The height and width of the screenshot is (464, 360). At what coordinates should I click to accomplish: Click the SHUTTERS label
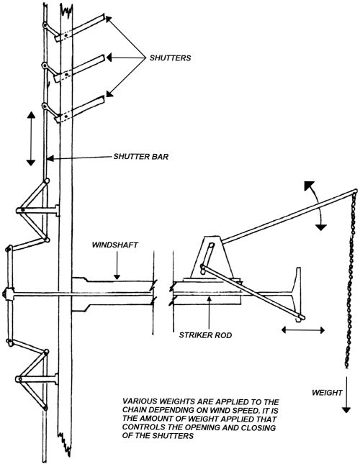(x=170, y=58)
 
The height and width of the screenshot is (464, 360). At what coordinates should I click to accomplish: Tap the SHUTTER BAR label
(x=141, y=156)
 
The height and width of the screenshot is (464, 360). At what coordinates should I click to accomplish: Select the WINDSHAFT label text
(x=115, y=245)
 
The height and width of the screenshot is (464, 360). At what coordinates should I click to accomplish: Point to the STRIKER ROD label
(x=205, y=335)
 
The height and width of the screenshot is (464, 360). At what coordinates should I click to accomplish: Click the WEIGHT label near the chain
(x=327, y=392)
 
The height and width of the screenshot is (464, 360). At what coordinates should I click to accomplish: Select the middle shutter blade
(x=79, y=68)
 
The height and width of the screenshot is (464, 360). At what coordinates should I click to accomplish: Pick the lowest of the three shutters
(x=79, y=109)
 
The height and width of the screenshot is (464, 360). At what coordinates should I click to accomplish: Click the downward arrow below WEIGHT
(x=346, y=394)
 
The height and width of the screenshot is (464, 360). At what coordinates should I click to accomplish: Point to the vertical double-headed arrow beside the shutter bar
(x=31, y=139)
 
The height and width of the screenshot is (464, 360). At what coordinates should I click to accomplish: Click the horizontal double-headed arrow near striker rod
(x=303, y=329)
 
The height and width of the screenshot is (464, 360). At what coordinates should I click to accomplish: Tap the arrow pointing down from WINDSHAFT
(x=117, y=265)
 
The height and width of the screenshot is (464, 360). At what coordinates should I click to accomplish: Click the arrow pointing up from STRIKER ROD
(x=209, y=312)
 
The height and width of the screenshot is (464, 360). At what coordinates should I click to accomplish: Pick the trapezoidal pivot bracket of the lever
(x=212, y=257)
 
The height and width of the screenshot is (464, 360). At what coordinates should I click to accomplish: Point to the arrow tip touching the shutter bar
(x=48, y=158)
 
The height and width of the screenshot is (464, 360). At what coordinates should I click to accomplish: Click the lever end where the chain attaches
(x=355, y=191)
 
